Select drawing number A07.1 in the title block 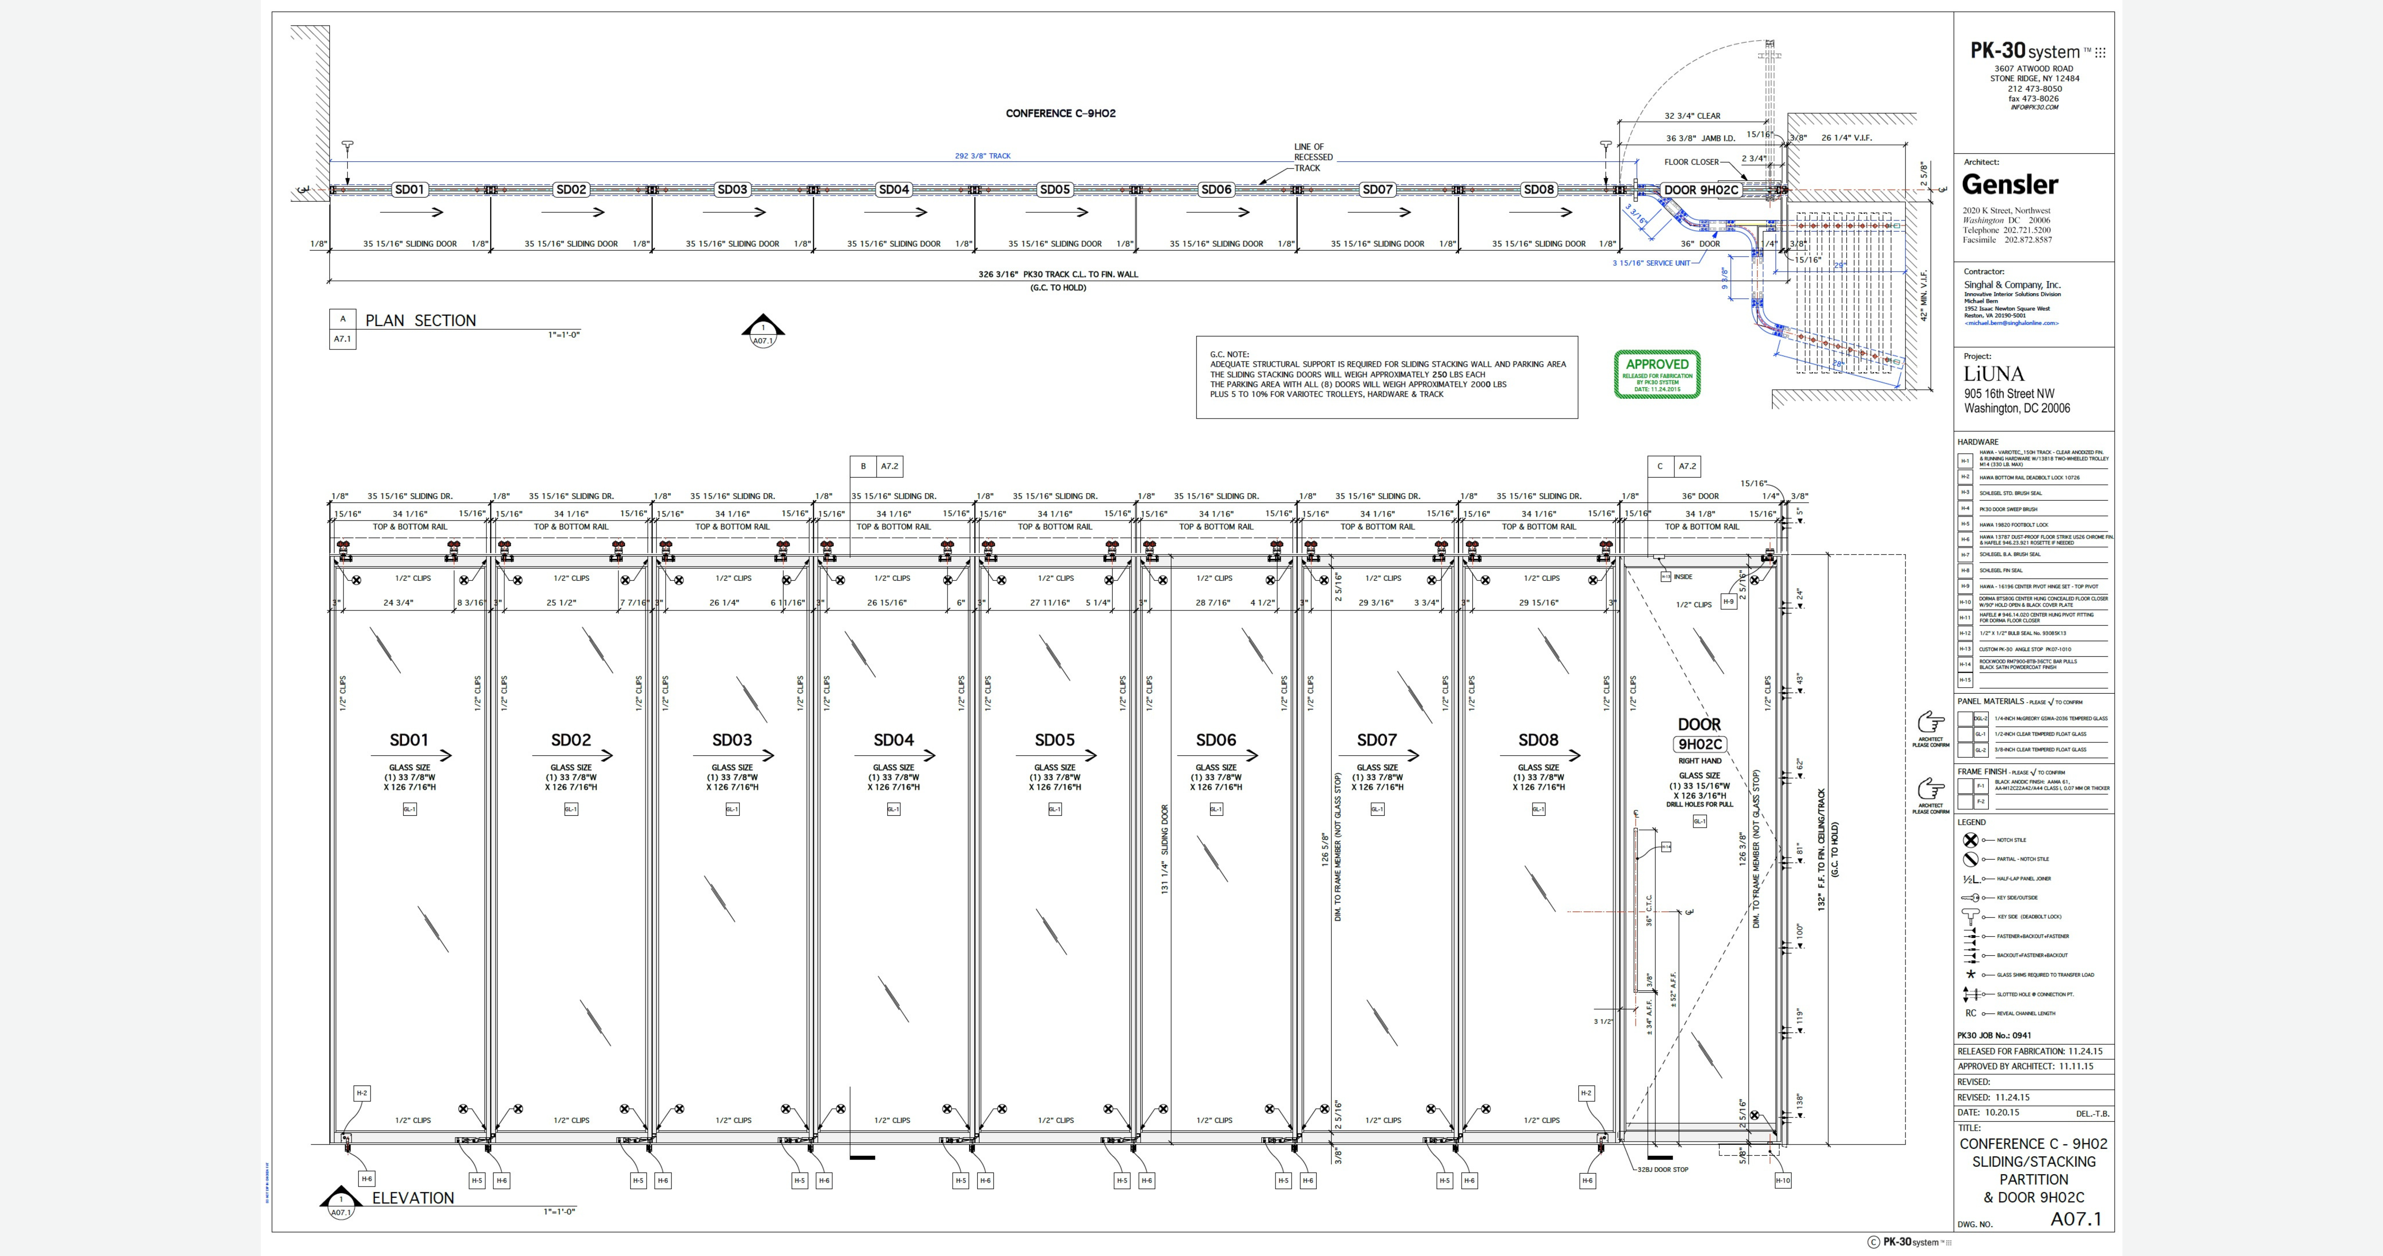pos(2076,1219)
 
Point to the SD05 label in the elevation pos(1054,740)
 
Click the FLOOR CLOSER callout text pos(1691,162)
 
